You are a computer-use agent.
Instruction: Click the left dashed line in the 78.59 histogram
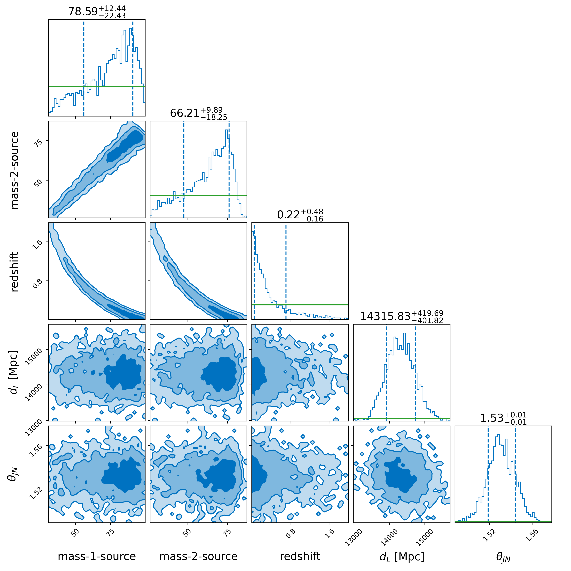pos(84,68)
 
